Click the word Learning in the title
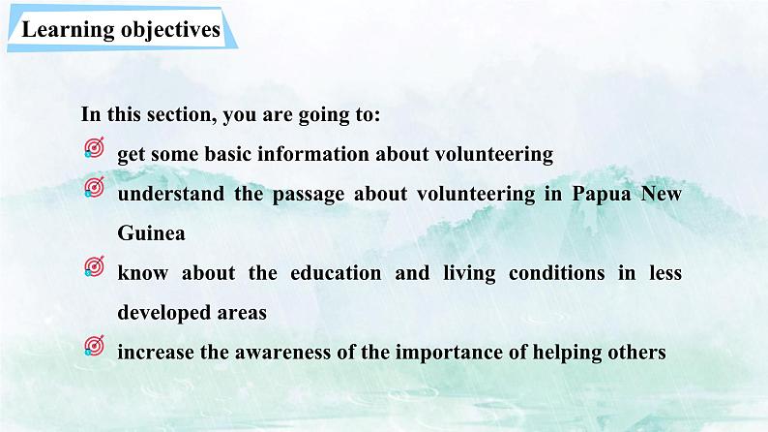click(x=68, y=30)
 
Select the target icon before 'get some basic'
click(x=95, y=147)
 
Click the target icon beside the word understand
click(x=95, y=187)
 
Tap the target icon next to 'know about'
click(x=95, y=266)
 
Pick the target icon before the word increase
click(x=95, y=346)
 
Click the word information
click(x=313, y=154)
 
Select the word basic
click(x=227, y=154)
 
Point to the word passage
click(x=309, y=195)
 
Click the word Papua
click(x=602, y=194)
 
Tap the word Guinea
click(x=151, y=232)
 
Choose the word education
click(x=336, y=273)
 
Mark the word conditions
click(x=557, y=273)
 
